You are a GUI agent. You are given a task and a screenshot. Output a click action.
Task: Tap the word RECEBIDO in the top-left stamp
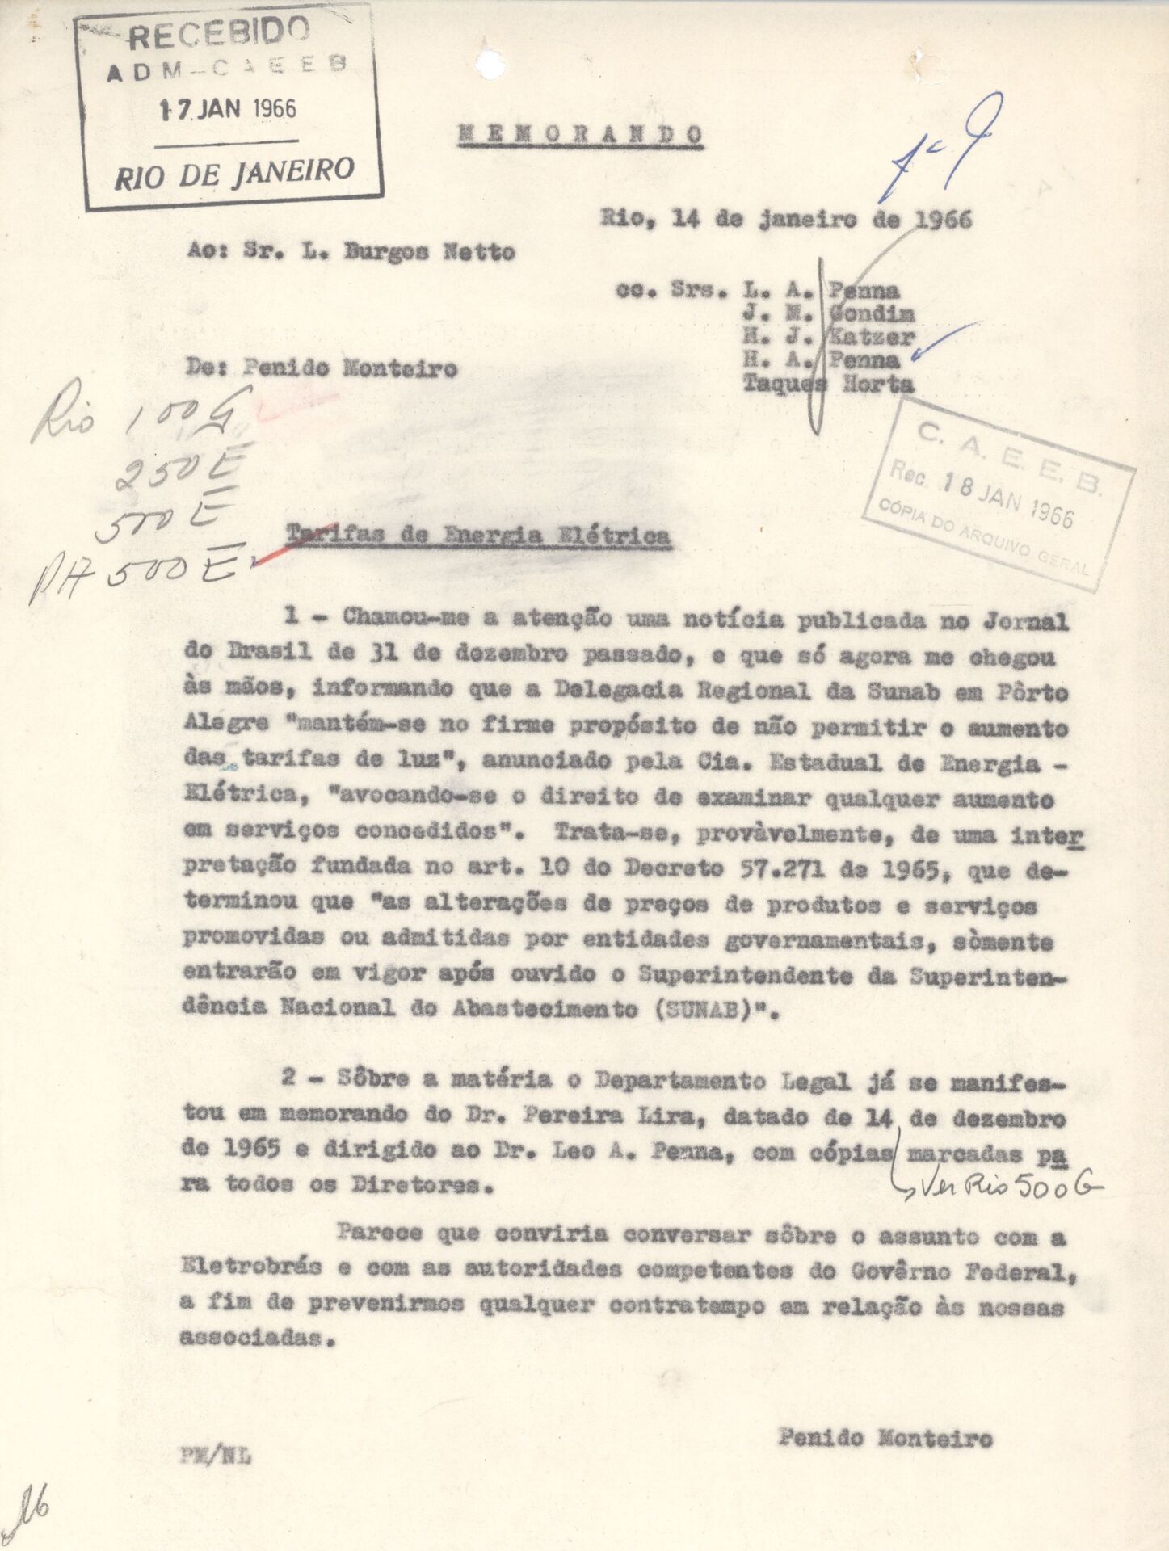tap(219, 34)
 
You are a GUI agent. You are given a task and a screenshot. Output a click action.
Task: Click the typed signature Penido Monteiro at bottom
tap(885, 1439)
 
